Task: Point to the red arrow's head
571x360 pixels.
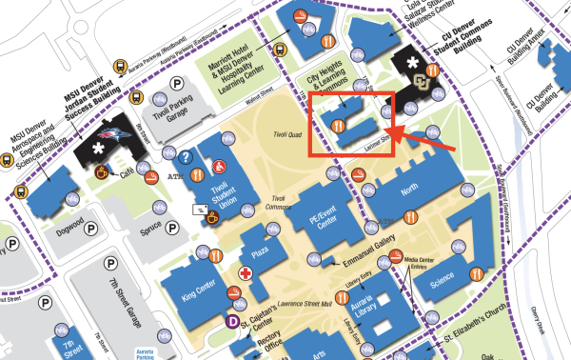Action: point(389,130)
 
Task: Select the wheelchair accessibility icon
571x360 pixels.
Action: point(220,168)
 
